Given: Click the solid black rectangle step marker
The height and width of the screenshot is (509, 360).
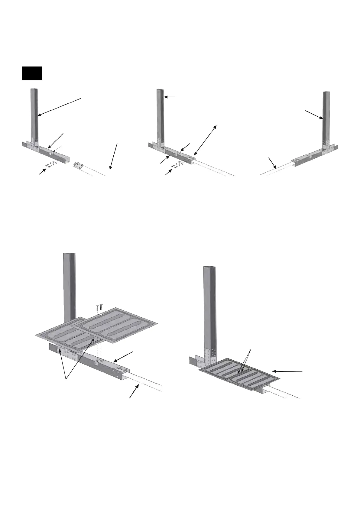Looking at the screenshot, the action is click(32, 73).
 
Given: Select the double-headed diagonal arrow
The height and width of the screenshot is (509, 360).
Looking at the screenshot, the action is click(205, 140).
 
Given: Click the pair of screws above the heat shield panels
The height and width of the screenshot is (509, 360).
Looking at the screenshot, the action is click(99, 308).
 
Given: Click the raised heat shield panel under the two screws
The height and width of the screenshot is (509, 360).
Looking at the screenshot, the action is click(117, 325).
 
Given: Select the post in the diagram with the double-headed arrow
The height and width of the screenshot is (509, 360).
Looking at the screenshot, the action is click(160, 118).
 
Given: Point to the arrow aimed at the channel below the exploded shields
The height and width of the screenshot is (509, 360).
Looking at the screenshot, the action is click(124, 357).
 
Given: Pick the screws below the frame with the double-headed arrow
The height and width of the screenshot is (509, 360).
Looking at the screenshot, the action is click(177, 165).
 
